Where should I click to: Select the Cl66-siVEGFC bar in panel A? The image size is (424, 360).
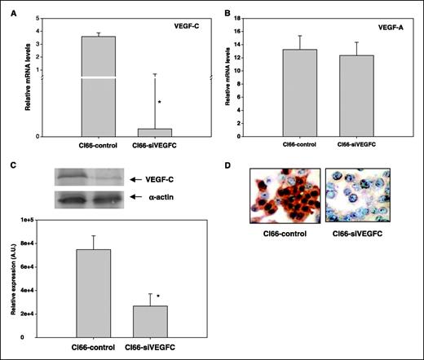(x=155, y=132)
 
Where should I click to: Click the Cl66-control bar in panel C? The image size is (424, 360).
(x=93, y=293)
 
